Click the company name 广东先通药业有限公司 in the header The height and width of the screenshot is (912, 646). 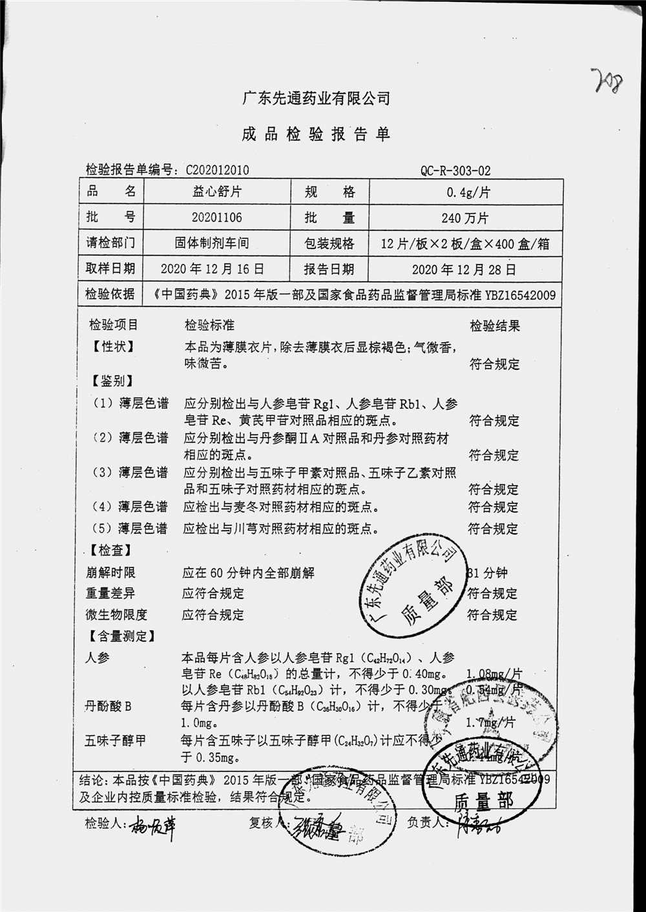pos(316,99)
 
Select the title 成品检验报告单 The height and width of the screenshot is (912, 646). pos(316,134)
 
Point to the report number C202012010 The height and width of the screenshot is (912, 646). pos(217,170)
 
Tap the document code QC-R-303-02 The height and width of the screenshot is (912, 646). pos(455,171)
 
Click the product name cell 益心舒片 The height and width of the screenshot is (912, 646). pos(216,192)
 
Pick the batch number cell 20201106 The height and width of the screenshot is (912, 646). pos(216,218)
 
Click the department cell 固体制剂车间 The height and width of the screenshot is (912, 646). pos(212,243)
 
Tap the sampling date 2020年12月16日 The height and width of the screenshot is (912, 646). pos(212,269)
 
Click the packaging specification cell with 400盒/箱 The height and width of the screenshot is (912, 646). pos(465,244)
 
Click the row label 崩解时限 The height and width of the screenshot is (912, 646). pos(110,573)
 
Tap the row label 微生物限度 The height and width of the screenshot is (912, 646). pos(116,614)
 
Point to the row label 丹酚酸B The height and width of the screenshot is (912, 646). pos(108,706)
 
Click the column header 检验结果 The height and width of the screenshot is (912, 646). pos(494,326)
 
